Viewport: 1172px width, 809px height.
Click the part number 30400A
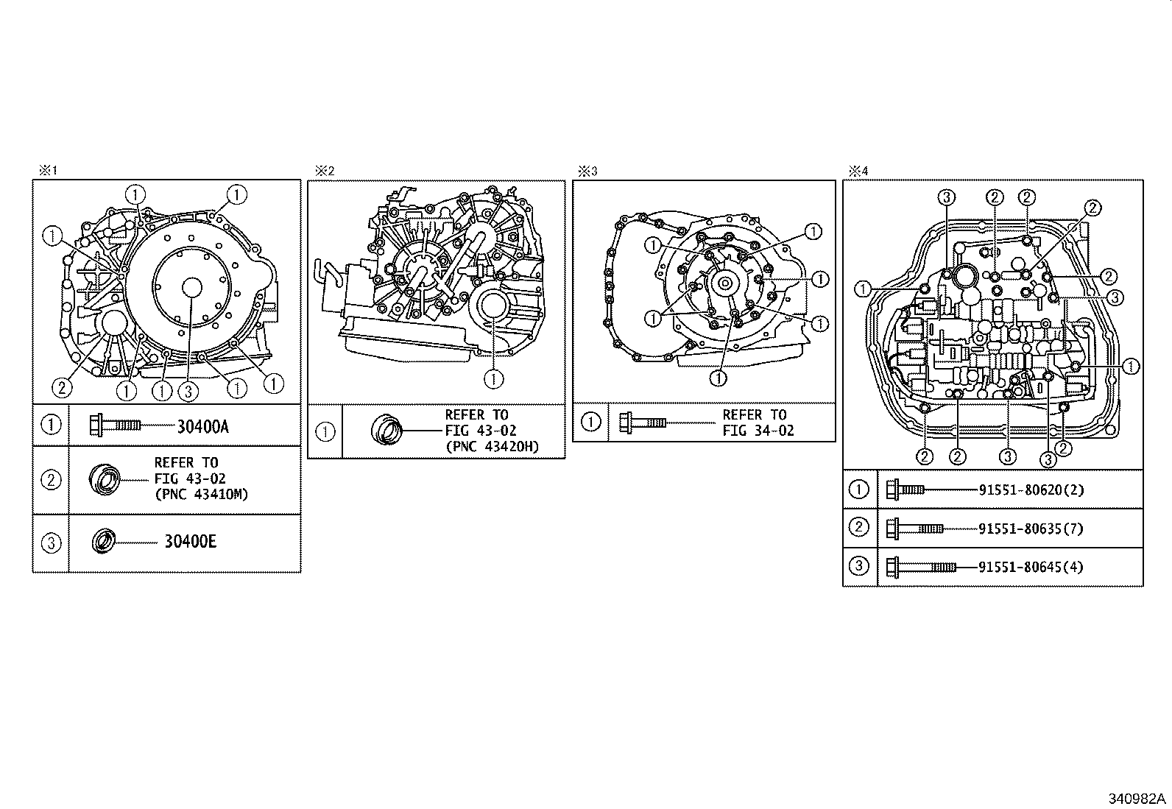[x=202, y=426]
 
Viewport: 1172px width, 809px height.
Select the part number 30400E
[x=190, y=542]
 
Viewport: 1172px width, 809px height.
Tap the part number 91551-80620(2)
[x=1031, y=490]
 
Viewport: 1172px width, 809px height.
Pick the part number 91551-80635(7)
[x=1031, y=528]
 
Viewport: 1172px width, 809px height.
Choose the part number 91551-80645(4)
[x=1031, y=566]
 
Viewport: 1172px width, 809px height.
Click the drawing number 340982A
[x=1137, y=799]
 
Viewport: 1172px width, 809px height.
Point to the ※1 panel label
[x=47, y=171]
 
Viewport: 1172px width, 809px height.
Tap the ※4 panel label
[x=858, y=171]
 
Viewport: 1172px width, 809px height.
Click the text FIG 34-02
[x=758, y=431]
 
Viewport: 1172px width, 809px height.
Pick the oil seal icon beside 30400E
[x=102, y=541]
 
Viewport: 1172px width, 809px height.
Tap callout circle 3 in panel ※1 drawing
[x=188, y=391]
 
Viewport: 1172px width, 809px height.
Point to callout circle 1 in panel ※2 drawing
[x=494, y=378]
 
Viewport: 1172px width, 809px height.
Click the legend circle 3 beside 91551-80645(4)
[x=858, y=566]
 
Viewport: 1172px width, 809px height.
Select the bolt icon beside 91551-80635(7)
[x=915, y=528]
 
